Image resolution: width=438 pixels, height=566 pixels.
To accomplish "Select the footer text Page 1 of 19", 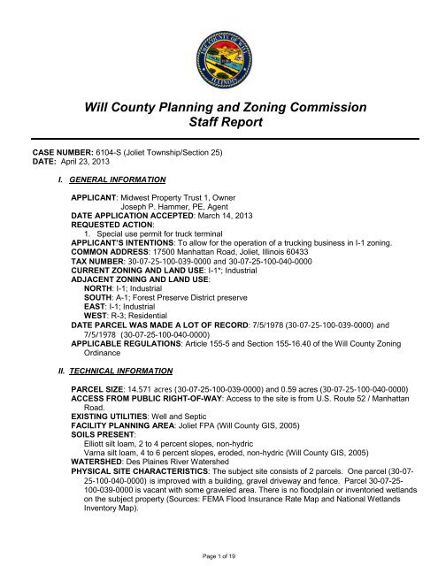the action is [219, 551].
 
